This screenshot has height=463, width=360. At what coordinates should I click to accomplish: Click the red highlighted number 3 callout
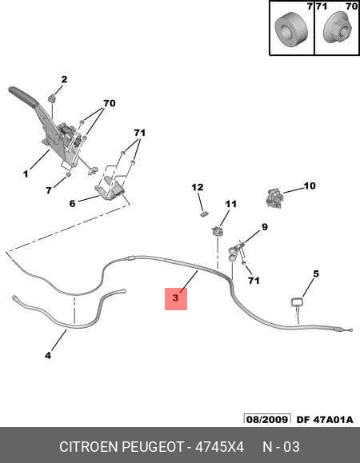176,298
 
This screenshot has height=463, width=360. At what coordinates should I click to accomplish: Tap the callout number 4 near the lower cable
48,356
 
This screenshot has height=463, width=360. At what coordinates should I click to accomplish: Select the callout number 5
316,273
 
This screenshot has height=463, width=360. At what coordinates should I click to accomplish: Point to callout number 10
309,186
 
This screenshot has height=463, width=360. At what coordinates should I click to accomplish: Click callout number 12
198,187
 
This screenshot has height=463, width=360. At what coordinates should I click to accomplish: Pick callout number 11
230,204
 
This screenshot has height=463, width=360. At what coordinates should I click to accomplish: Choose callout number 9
264,227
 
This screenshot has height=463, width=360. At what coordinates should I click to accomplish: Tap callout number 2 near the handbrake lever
64,79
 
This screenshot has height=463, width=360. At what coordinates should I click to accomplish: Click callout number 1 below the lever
26,174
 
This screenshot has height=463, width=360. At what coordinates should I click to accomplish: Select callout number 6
72,203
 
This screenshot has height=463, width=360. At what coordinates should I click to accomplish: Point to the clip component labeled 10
274,198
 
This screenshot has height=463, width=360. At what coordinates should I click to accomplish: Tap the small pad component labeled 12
204,214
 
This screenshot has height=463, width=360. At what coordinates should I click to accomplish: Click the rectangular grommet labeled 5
298,302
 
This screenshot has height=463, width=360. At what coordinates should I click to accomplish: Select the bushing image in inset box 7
291,29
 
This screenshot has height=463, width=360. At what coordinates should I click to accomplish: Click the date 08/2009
267,419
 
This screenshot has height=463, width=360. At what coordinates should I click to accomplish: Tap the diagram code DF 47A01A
325,419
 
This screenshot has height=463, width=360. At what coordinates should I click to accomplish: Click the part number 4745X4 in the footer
219,447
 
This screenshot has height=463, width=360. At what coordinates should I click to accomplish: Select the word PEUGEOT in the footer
153,447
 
